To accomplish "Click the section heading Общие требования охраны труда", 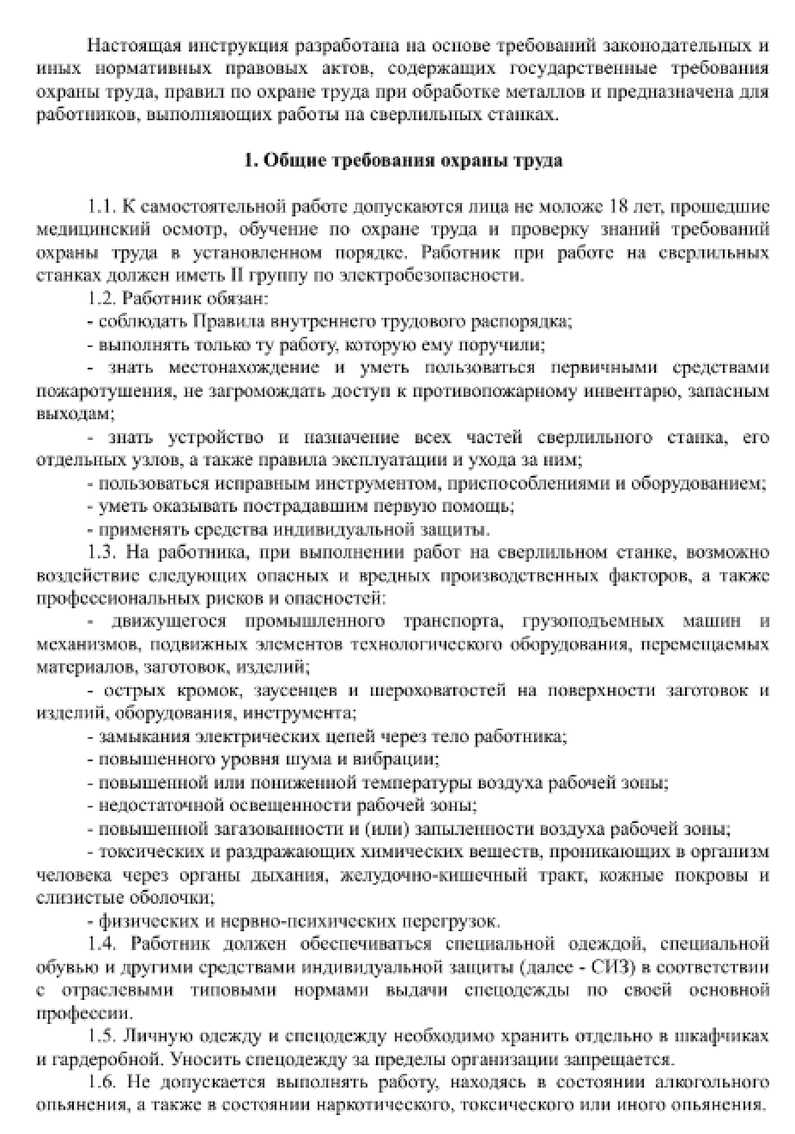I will (x=404, y=161).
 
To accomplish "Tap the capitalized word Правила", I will (x=227, y=321).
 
